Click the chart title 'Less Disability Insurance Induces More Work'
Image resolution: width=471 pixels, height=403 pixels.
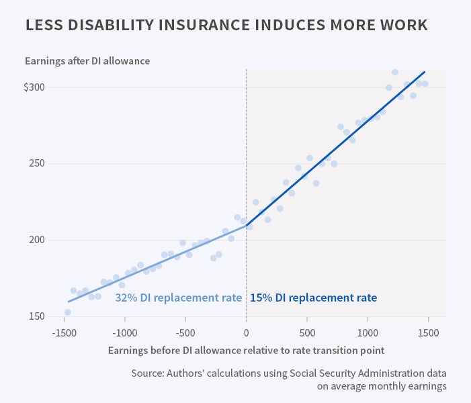click(226, 26)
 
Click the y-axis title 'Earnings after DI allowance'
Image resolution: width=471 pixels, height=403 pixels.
click(87, 61)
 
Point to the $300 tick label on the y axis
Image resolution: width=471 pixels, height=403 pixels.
click(34, 87)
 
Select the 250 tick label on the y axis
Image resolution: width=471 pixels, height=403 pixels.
click(37, 164)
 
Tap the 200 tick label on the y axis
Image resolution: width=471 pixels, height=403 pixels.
click(37, 240)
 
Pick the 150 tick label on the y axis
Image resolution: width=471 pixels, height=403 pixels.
click(37, 316)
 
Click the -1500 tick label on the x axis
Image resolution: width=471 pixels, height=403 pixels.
click(64, 332)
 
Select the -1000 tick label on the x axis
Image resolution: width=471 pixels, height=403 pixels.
click(124, 332)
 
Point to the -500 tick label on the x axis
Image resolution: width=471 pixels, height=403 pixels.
click(185, 332)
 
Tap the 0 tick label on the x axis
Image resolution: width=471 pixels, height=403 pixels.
click(247, 332)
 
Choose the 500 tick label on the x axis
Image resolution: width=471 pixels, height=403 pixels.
click(307, 332)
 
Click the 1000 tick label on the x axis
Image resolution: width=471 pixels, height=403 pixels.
click(368, 332)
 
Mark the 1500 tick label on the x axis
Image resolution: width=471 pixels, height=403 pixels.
click(428, 332)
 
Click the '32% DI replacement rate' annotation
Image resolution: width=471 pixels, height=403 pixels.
click(178, 298)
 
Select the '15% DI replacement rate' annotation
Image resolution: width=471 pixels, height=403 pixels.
click(313, 298)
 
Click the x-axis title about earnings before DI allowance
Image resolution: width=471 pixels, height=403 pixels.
click(247, 350)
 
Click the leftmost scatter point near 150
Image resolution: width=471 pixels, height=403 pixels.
click(68, 312)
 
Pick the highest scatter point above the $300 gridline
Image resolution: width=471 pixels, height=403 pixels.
click(395, 73)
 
